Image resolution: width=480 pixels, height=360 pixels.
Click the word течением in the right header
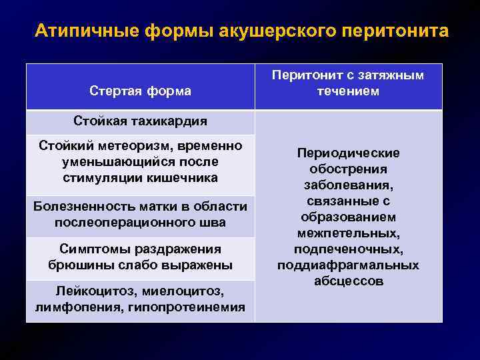(x=348, y=91)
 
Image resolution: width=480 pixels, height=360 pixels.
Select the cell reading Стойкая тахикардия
(x=141, y=121)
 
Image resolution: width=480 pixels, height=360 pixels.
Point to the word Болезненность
(x=78, y=206)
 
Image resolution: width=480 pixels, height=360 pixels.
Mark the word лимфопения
(x=73, y=307)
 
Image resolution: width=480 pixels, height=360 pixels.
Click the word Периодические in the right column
(x=348, y=153)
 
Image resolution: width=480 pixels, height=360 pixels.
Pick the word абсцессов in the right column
(x=348, y=281)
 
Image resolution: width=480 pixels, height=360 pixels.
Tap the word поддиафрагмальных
(x=348, y=265)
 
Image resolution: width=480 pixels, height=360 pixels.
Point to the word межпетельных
(x=348, y=233)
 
